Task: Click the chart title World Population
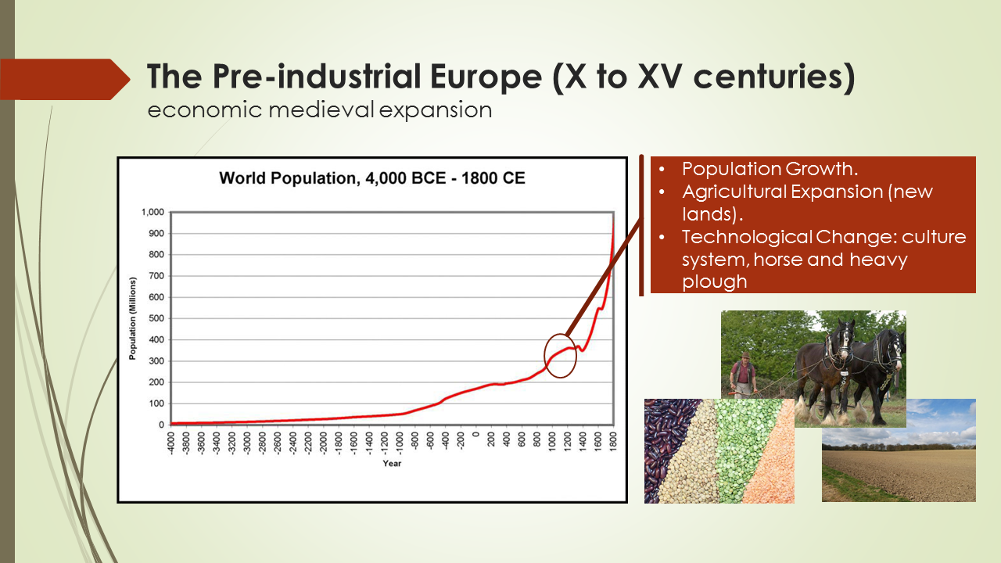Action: (x=371, y=178)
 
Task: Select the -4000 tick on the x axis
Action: (x=172, y=442)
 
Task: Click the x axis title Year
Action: (x=392, y=463)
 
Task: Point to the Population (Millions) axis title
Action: (x=133, y=318)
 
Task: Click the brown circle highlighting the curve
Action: (x=560, y=356)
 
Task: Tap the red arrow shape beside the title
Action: (x=66, y=79)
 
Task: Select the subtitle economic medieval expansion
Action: (x=320, y=110)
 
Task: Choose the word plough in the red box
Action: (x=714, y=281)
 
